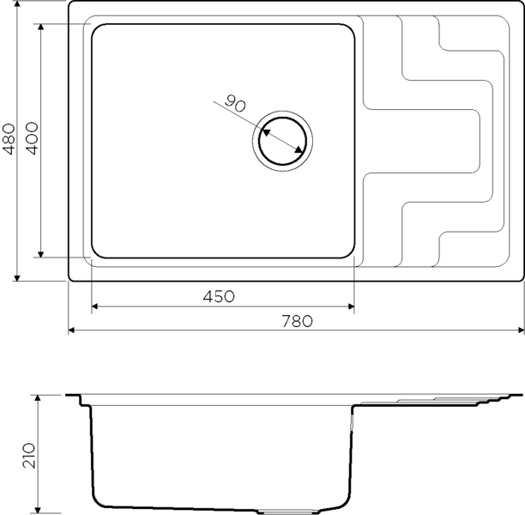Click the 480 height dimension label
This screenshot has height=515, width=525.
coord(9,139)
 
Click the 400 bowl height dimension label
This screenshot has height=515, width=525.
coord(32,138)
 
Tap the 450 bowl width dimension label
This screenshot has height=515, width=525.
coord(219,296)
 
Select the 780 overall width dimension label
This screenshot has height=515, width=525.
coord(297,321)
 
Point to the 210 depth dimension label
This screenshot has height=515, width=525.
coord(29,456)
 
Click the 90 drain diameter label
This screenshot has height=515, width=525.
coord(235,104)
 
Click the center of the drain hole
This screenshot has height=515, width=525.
coord(282,141)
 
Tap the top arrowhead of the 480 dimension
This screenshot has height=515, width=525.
coord(17,3)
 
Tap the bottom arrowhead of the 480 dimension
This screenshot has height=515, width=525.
coord(17,278)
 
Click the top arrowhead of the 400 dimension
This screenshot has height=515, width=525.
coord(41,27)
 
